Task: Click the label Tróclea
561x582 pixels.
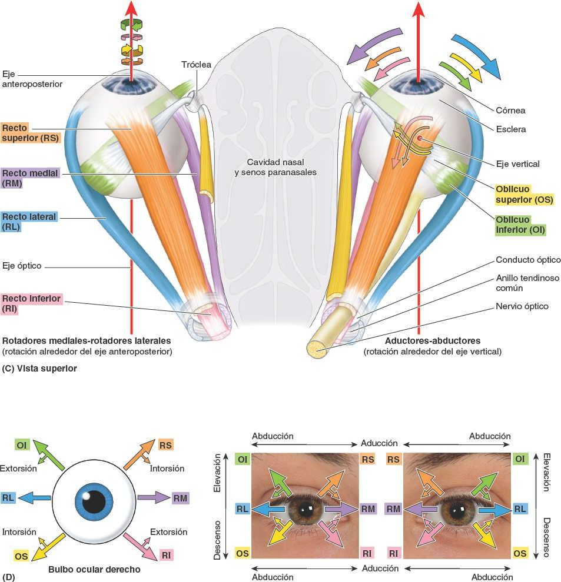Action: point(196,64)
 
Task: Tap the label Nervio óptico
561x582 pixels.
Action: point(522,306)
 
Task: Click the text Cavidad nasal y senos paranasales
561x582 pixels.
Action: point(275,167)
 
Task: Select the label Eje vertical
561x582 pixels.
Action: point(518,164)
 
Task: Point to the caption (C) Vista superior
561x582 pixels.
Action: point(39,369)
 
